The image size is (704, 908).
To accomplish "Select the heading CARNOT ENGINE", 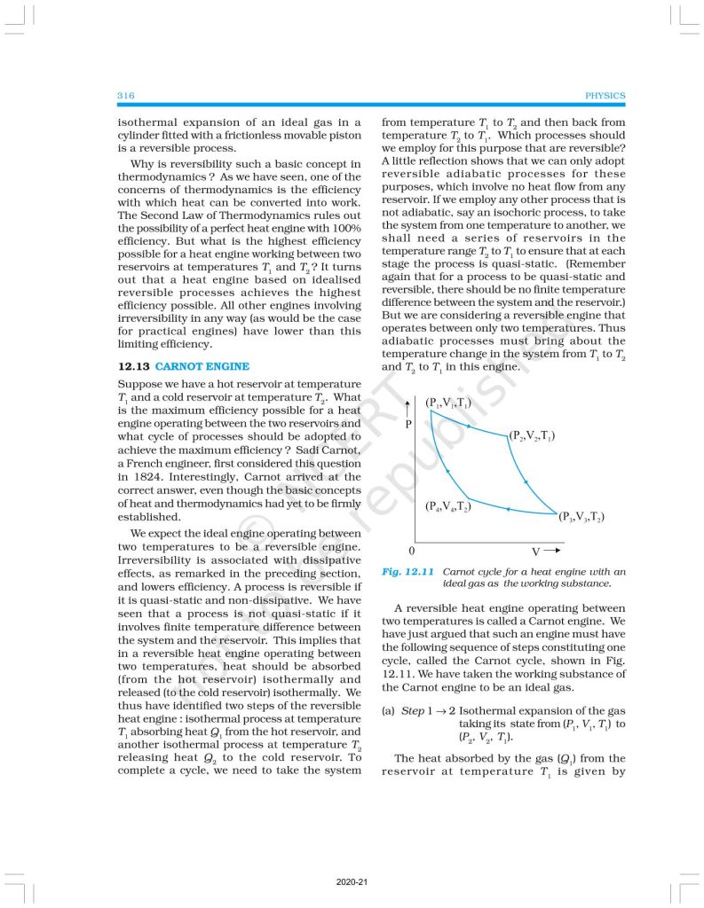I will point(202,365).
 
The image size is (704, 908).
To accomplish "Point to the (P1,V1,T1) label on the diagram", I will point(448,403).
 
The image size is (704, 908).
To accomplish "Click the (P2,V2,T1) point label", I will point(533,436).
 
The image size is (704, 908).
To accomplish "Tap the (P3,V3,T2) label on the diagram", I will point(582,517).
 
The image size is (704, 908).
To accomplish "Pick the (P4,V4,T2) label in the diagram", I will point(447,507).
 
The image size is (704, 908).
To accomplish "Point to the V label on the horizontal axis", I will point(536,552).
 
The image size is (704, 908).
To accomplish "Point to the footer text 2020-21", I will point(352,881).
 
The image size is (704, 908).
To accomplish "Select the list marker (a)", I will point(388,711).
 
